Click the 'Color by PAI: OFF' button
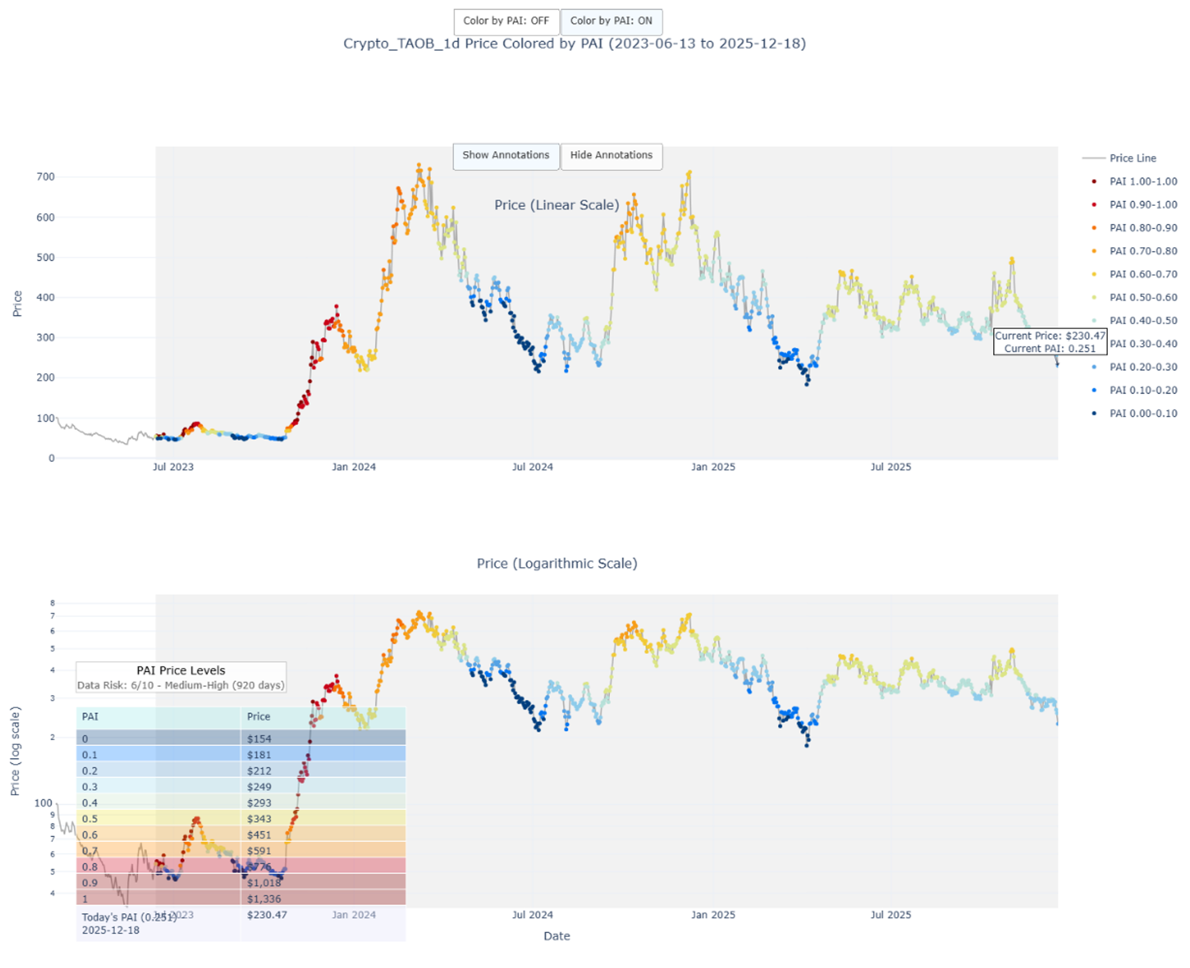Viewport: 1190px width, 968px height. pos(506,21)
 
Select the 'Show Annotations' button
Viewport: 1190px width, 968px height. pos(506,155)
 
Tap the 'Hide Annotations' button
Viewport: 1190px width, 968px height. pos(611,155)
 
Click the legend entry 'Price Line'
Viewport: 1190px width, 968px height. pos(1132,158)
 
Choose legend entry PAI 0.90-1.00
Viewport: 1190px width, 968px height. pos(1142,205)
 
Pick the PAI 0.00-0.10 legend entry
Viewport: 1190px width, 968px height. pos(1142,414)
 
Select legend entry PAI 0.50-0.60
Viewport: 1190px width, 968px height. pos(1142,298)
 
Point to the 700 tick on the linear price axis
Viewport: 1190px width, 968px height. pos(45,177)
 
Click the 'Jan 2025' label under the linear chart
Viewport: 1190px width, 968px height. pos(713,467)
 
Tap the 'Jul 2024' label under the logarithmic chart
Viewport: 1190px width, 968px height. pos(533,915)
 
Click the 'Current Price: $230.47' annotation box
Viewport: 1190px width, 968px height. pos(1050,342)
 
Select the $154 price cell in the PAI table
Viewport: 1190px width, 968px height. pos(259,739)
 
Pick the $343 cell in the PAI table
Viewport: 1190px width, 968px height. pos(259,819)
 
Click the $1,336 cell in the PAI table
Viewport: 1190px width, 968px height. pos(264,899)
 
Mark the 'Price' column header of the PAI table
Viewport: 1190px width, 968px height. pos(259,717)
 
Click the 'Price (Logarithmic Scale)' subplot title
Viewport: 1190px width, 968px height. pos(557,564)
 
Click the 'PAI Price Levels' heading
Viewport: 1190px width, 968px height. pos(181,671)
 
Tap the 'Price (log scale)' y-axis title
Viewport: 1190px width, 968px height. pos(15,751)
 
